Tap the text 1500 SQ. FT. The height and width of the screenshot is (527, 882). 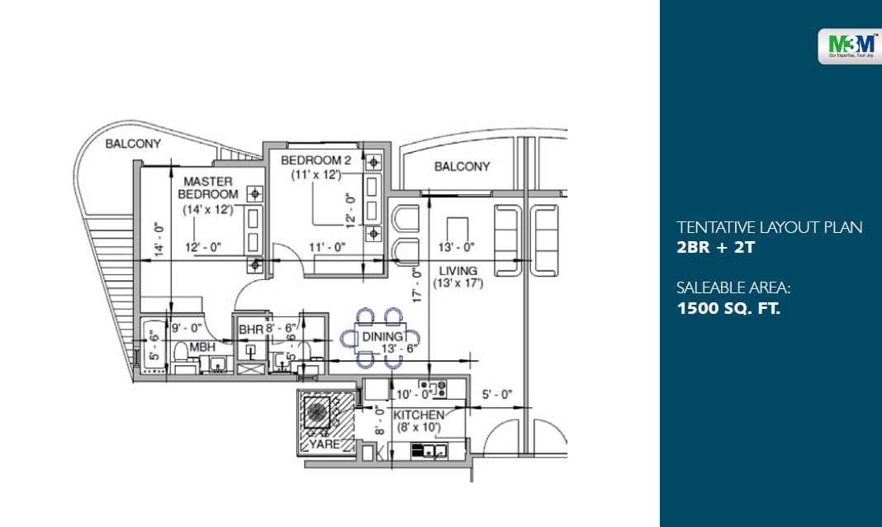coord(728,309)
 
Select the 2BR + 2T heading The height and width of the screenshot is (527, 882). coord(714,246)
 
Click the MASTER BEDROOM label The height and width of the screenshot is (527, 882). coord(208,188)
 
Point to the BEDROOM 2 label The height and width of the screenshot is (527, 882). coord(315,159)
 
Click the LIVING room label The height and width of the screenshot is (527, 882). coord(458,271)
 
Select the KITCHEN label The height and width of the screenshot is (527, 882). coord(418,415)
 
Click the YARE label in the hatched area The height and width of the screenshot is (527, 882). coord(324,444)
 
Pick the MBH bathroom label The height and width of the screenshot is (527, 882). coord(202,348)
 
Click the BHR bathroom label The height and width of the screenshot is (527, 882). coord(250,330)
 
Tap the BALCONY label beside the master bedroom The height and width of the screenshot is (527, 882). coord(133,144)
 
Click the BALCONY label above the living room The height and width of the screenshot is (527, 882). coord(462,167)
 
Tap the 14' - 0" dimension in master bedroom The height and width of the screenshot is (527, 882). coord(157,236)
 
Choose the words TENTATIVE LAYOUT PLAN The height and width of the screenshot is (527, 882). coord(769,227)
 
